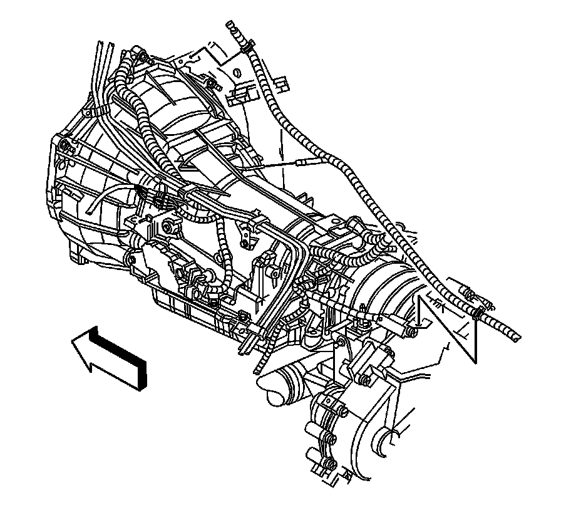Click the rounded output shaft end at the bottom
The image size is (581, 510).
point(274,394)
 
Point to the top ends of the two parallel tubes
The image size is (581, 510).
point(103,45)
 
